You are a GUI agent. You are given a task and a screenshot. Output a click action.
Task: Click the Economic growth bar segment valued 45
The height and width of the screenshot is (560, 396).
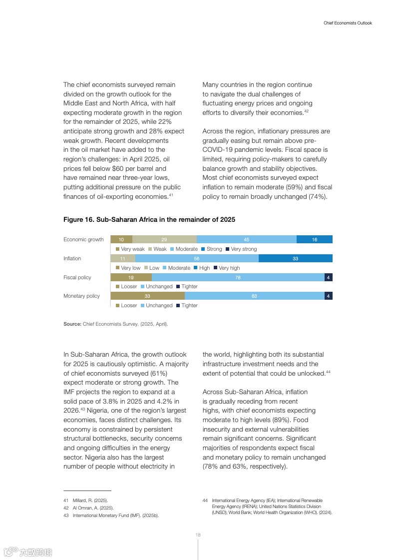[x=247, y=240]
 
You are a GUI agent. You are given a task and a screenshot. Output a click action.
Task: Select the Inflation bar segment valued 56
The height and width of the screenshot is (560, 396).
[x=197, y=258]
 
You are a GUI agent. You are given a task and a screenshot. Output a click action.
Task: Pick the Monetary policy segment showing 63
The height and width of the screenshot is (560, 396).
[x=254, y=296]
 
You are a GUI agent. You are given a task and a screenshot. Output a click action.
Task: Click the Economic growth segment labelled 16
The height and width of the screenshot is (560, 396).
[x=314, y=240]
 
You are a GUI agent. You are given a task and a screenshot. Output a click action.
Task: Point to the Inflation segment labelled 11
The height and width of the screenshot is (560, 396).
[x=123, y=258]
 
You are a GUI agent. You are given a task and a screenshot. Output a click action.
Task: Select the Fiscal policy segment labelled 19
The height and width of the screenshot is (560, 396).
[x=131, y=277]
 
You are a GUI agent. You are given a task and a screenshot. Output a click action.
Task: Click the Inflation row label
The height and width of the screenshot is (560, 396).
[x=72, y=258]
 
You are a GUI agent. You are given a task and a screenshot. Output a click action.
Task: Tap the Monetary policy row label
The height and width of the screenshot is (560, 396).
[x=81, y=296]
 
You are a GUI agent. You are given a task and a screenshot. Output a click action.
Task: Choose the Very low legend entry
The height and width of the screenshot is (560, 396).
[x=130, y=268]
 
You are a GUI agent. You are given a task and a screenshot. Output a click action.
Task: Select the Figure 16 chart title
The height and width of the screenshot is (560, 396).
[x=149, y=220]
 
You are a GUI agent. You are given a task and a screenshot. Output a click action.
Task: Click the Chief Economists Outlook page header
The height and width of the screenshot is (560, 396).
[x=348, y=23]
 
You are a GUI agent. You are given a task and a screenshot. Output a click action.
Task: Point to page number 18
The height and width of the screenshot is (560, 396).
[x=198, y=535]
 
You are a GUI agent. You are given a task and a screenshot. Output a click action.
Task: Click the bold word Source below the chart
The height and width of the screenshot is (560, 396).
[x=72, y=324]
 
